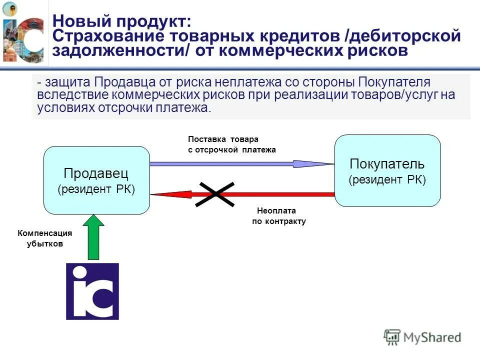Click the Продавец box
(96, 180)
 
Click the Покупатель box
(387, 170)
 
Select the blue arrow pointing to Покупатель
(240, 163)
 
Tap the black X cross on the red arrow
(214, 194)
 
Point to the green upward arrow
(93, 237)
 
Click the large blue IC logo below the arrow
(92, 291)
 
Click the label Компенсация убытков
(45, 239)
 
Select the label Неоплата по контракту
(278, 216)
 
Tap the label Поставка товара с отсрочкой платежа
(231, 144)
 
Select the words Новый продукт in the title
(121, 21)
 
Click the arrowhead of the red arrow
(160, 194)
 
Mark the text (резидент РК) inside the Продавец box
(96, 189)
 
